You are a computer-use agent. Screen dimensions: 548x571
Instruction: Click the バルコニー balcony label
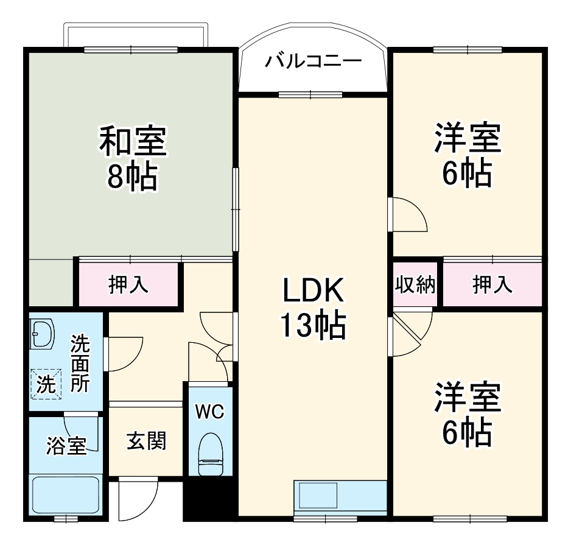(314, 61)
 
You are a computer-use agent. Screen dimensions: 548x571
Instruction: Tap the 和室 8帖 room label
(133, 158)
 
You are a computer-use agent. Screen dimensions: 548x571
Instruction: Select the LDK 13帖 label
(313, 307)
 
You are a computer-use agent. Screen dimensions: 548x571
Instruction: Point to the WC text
(209, 412)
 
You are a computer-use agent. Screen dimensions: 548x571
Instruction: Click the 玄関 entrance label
(146, 440)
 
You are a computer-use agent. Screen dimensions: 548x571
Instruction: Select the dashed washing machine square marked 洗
(47, 384)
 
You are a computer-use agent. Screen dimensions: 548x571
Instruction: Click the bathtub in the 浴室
(66, 495)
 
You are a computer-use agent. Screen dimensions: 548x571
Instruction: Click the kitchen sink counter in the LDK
(340, 497)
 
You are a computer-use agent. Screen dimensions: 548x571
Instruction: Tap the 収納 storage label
(416, 284)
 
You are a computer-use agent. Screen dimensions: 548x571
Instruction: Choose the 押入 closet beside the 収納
(492, 284)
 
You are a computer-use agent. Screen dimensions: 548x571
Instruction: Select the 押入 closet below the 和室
(128, 284)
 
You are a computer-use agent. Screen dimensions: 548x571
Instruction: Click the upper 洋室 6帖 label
(467, 155)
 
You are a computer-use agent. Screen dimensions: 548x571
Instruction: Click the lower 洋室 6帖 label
(467, 414)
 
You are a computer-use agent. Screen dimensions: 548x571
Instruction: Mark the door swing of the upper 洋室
(408, 214)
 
